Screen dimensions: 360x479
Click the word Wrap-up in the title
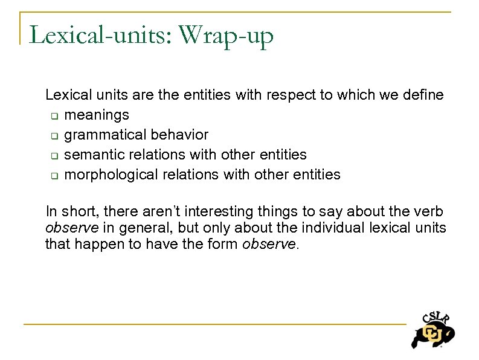pyautogui.click(x=227, y=36)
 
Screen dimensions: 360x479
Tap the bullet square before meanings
pyautogui.click(x=53, y=115)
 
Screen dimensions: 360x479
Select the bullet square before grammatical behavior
pyautogui.click(x=53, y=135)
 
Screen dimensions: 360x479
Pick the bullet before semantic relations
pyautogui.click(x=53, y=155)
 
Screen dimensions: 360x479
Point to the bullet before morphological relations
pyautogui.click(x=53, y=176)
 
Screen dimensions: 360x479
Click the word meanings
pyautogui.click(x=97, y=115)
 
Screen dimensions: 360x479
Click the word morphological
pyautogui.click(x=108, y=175)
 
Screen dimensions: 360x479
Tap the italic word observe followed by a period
pyautogui.click(x=269, y=245)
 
